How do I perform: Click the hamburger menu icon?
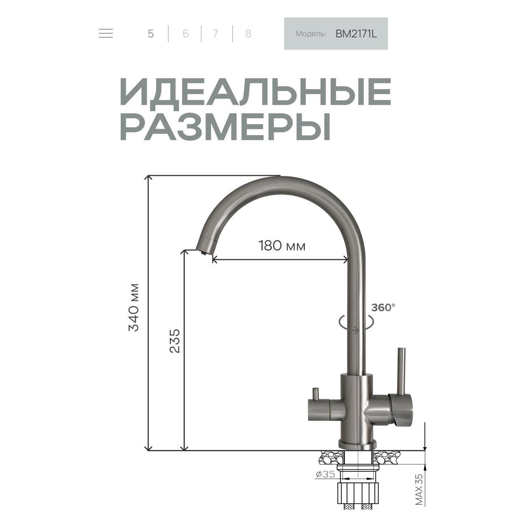[x=106, y=33]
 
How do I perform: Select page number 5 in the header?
[x=151, y=34]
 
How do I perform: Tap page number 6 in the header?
[x=186, y=34]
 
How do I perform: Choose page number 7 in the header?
[x=215, y=34]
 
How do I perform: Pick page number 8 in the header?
[x=248, y=34]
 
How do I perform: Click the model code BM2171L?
[x=356, y=34]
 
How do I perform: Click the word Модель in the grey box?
[x=311, y=34]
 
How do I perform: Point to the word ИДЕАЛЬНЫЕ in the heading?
[x=255, y=92]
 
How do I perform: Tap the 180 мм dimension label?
[x=282, y=246]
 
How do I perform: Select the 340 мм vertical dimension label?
[x=134, y=307]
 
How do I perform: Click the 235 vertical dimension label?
[x=174, y=341]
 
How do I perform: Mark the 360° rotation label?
[x=383, y=308]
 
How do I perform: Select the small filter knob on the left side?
[x=315, y=393]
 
